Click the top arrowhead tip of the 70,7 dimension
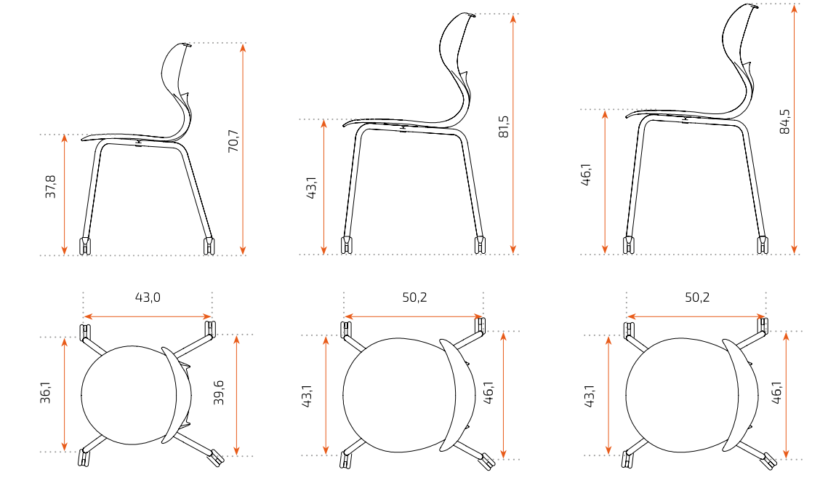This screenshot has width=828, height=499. pos(243,44)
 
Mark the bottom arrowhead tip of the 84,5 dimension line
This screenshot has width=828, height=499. pos(795,254)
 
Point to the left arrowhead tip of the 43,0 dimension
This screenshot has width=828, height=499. pos(84,316)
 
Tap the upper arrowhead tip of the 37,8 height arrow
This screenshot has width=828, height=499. pos(65,135)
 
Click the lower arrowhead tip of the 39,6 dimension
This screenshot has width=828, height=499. pos(236,455)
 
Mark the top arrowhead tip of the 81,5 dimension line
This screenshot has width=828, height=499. pos(513,15)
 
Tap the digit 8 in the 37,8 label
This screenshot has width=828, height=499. pos(50,179)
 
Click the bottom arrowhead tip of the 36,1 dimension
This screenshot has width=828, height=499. pos(65,452)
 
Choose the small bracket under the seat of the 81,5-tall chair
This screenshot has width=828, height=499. pos(403,128)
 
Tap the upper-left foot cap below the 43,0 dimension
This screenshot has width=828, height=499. pos(84,332)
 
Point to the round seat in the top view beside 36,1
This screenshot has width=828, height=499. pos(129,395)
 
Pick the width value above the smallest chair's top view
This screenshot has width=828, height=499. pos(148,298)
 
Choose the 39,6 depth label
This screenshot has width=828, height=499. pos(219,393)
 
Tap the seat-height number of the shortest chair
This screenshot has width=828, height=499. pos(50,187)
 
